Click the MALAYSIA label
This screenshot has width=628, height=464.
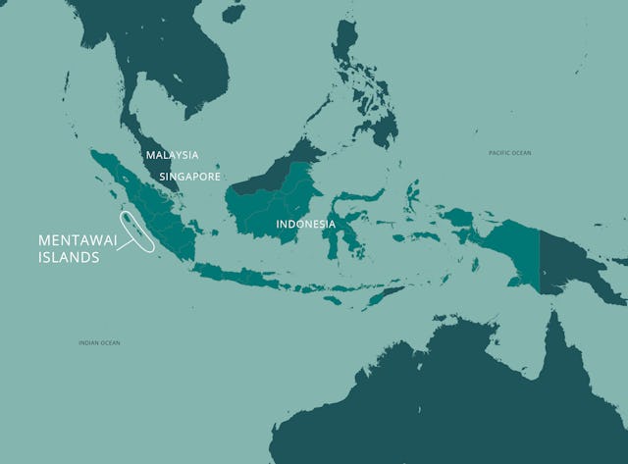(172, 155)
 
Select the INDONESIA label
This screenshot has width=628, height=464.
(305, 225)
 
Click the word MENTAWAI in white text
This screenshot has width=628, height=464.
(77, 240)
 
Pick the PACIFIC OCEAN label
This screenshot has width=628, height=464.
(509, 153)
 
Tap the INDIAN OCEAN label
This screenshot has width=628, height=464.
(99, 342)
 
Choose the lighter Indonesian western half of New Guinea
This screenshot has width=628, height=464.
(510, 245)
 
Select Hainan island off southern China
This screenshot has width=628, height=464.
(232, 13)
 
